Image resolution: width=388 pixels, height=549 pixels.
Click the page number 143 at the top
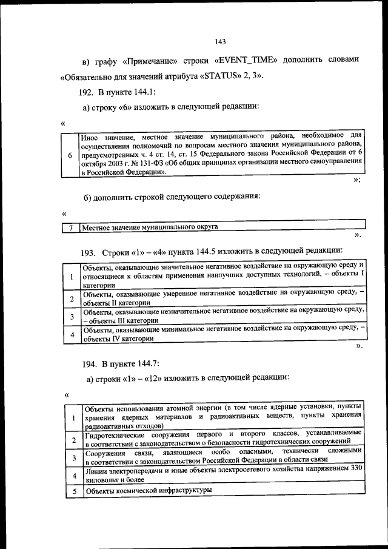(220, 42)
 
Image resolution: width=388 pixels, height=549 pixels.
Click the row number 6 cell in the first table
(71, 155)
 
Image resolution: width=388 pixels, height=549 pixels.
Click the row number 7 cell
(71, 227)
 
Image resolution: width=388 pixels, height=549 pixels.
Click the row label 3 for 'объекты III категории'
(72, 316)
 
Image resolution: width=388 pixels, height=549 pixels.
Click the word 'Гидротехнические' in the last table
(114, 436)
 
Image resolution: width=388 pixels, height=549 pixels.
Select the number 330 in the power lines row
(356, 468)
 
